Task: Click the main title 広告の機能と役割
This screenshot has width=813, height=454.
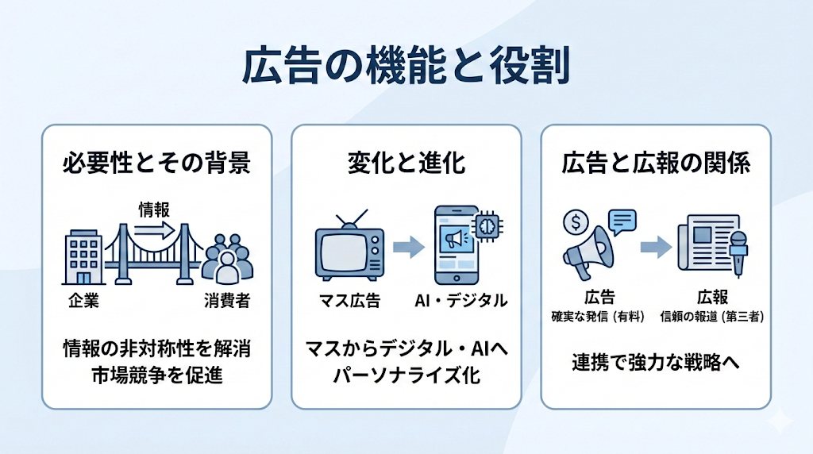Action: (406, 67)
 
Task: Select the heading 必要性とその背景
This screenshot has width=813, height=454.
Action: (156, 164)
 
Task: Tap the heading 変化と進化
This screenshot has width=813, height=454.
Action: (406, 164)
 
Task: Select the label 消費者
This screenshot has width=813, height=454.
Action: (228, 301)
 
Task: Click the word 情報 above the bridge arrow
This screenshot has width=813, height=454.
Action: (154, 210)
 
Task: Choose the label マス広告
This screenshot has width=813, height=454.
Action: (349, 301)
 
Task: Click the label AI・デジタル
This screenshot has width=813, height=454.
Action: (461, 301)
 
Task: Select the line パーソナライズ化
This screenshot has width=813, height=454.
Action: (406, 375)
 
